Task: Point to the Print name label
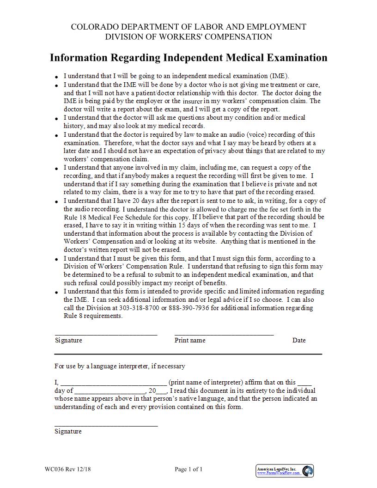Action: coord(190,340)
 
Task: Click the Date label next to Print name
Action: coord(299,340)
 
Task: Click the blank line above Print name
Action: coord(224,334)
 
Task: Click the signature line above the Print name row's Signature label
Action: coord(106,334)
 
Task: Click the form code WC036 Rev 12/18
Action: coord(68,470)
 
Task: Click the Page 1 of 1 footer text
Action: coord(188,470)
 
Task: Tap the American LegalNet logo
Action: coord(285,471)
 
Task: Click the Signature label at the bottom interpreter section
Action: coord(68,431)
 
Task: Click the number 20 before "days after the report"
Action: coord(136,201)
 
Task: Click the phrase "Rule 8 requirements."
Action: coord(93,316)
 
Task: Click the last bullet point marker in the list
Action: coord(56,293)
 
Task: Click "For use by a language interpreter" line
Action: coord(120,366)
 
